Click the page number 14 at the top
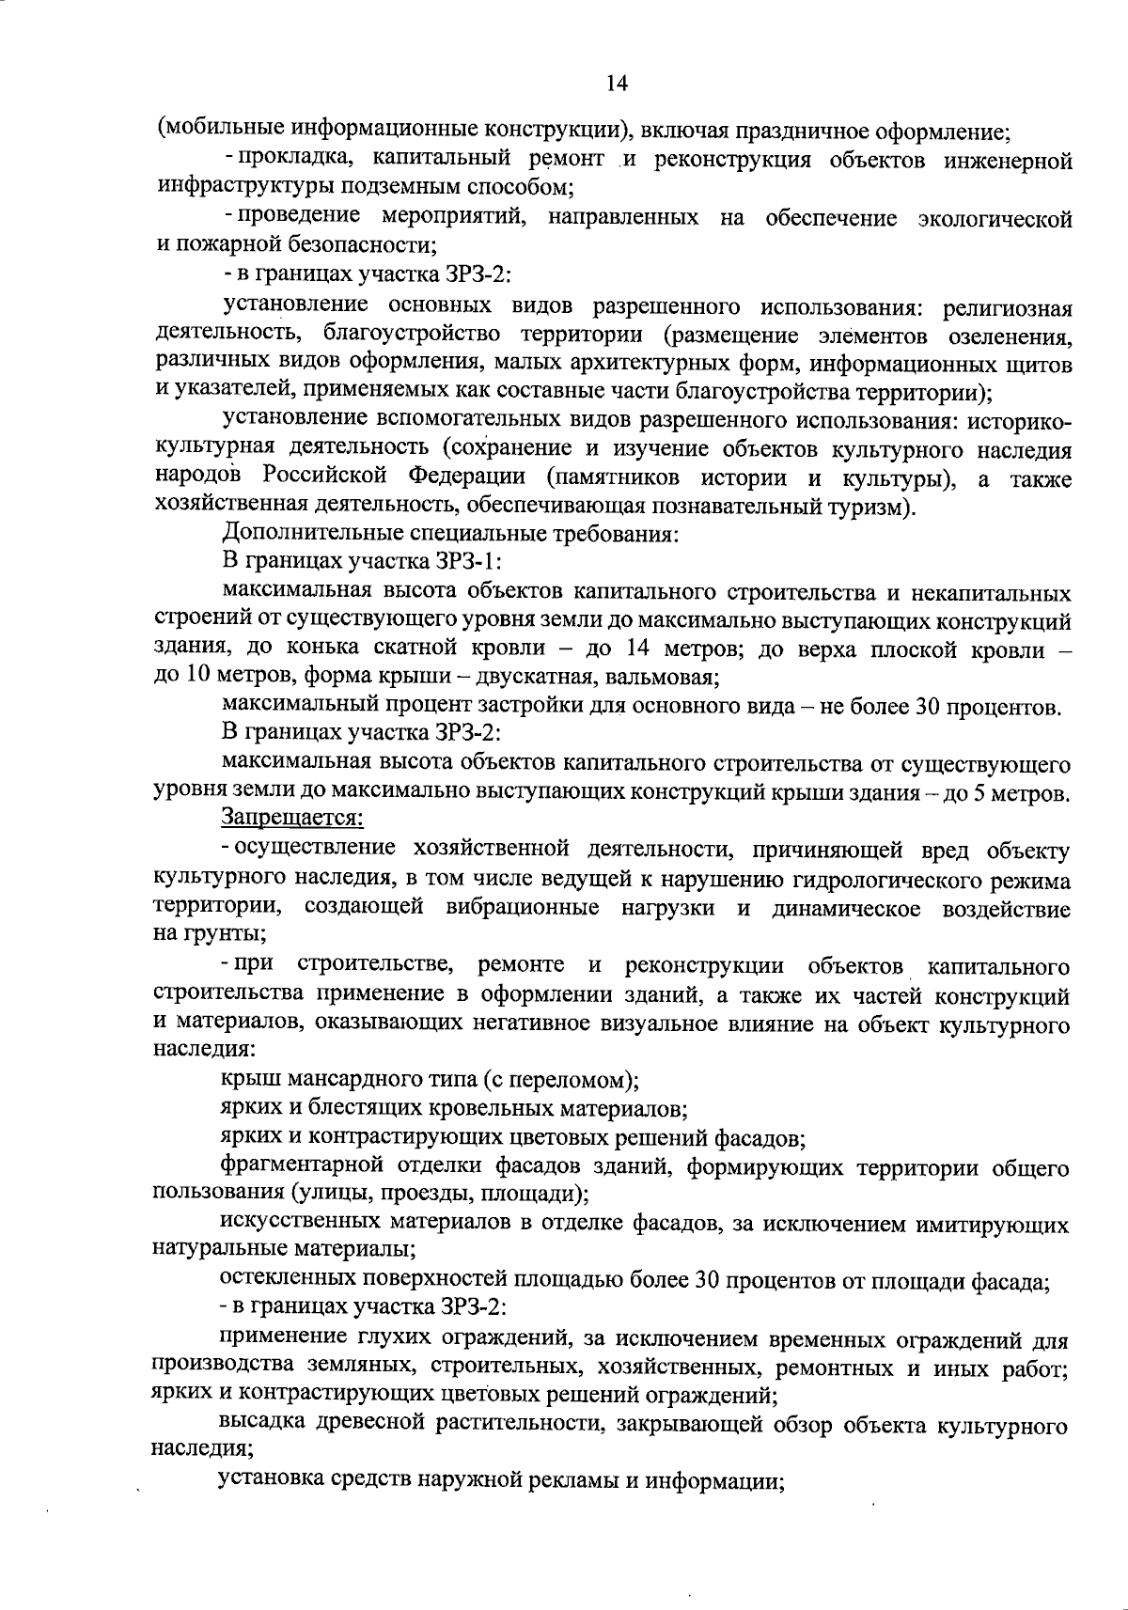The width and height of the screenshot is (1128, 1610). (617, 84)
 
